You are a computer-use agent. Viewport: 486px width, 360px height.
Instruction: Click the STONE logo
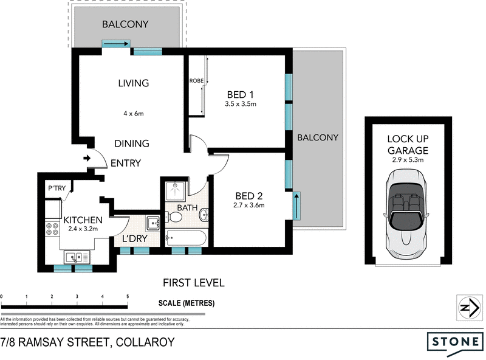pyautogui.click(x=455, y=342)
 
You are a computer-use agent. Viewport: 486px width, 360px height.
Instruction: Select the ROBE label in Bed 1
pyautogui.click(x=196, y=80)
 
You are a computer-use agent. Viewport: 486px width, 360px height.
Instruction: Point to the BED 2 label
pyautogui.click(x=248, y=196)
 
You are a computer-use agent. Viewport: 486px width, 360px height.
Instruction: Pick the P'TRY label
pyautogui.click(x=56, y=189)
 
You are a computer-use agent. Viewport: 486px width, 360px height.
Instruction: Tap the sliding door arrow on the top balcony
pyautogui.click(x=116, y=44)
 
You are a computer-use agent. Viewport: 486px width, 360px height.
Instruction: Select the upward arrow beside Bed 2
pyautogui.click(x=297, y=206)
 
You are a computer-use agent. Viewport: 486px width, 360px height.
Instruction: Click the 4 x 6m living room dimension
pyautogui.click(x=133, y=113)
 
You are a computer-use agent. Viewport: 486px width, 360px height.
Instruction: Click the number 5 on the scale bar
pyautogui.click(x=127, y=296)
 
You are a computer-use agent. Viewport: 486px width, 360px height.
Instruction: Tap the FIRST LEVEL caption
pyautogui.click(x=194, y=282)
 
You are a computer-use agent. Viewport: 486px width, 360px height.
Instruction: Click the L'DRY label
pyautogui.click(x=135, y=238)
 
